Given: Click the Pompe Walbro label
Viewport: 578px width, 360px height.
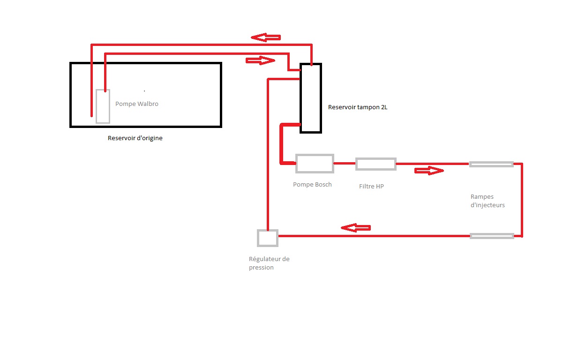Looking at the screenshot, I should coord(137,104).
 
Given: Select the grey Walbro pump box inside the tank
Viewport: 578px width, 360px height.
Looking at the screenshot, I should coord(103,106).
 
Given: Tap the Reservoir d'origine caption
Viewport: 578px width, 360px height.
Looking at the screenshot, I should coord(135,138).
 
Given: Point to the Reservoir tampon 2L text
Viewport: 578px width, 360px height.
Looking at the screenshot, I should coord(358,107).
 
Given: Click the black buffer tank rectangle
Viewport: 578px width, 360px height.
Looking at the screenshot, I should coord(311,98).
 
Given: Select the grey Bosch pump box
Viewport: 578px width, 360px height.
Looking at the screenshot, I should coord(315,163).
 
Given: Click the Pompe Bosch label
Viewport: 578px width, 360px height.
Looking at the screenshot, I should coord(312,185).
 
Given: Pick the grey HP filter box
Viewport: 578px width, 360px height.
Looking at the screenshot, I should coord(375,164).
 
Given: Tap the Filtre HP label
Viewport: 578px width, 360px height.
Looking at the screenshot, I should coord(371,187).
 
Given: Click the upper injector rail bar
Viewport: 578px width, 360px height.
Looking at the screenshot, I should coord(491,164).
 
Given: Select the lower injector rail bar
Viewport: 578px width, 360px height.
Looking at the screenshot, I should coord(492,236).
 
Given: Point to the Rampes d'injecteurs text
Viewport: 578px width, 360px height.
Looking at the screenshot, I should coord(488,201).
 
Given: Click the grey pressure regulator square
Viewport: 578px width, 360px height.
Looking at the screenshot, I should coord(268,238).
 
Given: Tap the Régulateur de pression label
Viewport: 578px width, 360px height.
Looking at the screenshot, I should coord(269,263).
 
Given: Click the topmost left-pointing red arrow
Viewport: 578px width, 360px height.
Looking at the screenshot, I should coord(265,37).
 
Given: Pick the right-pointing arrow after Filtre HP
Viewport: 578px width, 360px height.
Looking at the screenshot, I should coord(429,171).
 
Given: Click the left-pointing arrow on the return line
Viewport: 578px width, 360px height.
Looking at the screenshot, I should coord(355,228).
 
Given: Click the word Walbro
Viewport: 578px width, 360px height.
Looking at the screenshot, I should coord(148,104).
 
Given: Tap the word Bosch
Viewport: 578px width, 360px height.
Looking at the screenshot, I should coord(323,185).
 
